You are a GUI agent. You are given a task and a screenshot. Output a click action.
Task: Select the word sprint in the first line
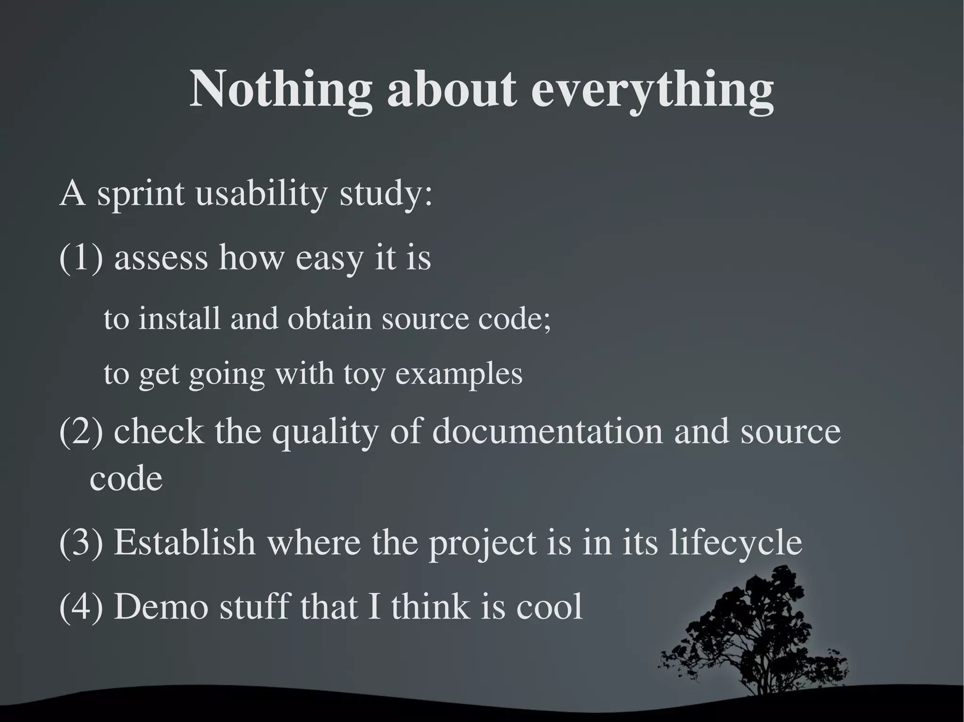point(140,194)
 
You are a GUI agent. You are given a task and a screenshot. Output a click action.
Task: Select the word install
point(179,318)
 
